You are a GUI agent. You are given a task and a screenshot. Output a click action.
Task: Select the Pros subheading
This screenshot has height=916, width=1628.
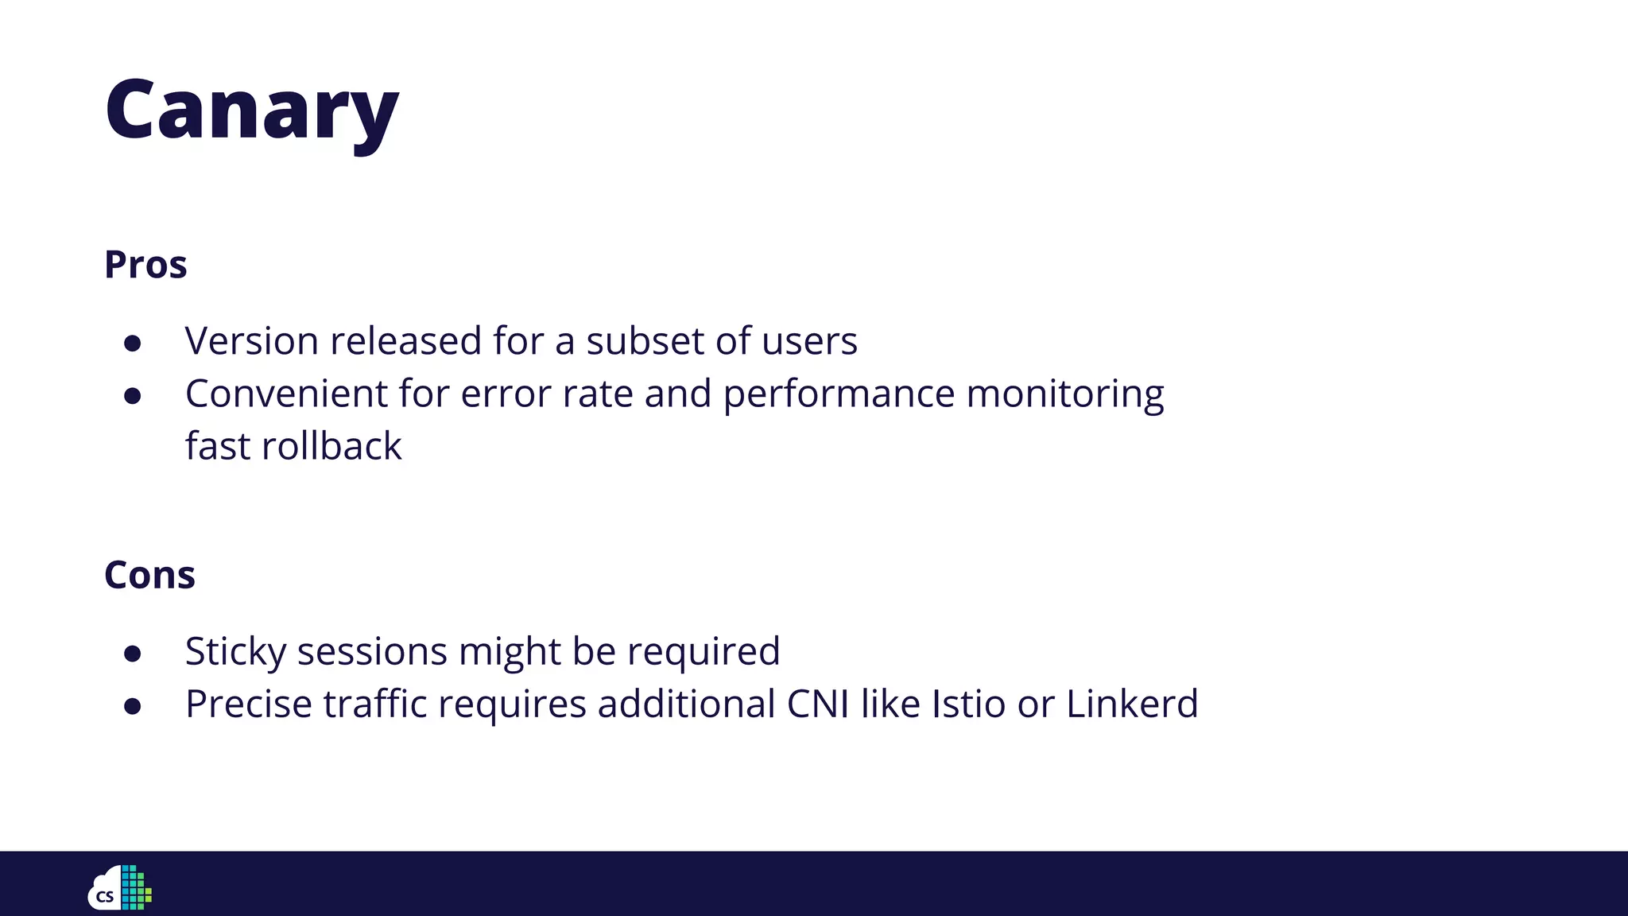click(x=145, y=265)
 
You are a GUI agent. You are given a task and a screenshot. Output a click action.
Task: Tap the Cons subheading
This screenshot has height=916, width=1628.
click(x=149, y=575)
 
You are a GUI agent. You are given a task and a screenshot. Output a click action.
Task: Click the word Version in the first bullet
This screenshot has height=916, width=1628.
click(x=252, y=341)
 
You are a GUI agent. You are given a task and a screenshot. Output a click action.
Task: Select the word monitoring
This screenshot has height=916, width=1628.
click(x=1065, y=394)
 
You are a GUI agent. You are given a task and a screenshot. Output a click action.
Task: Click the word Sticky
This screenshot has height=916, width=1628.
click(x=235, y=652)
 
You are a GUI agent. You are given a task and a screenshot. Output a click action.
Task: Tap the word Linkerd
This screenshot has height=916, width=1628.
click(x=1131, y=704)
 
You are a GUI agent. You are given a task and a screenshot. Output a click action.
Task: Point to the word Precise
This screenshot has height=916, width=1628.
click(x=249, y=704)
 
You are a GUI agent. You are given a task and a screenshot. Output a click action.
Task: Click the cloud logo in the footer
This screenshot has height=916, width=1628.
click(x=120, y=887)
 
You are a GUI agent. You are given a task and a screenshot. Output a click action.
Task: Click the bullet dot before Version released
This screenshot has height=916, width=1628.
click(x=133, y=343)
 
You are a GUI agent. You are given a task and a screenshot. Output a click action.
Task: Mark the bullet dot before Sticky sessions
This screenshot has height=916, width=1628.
click(x=133, y=654)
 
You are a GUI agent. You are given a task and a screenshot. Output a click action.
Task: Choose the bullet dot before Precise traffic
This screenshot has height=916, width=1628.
click(x=133, y=706)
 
